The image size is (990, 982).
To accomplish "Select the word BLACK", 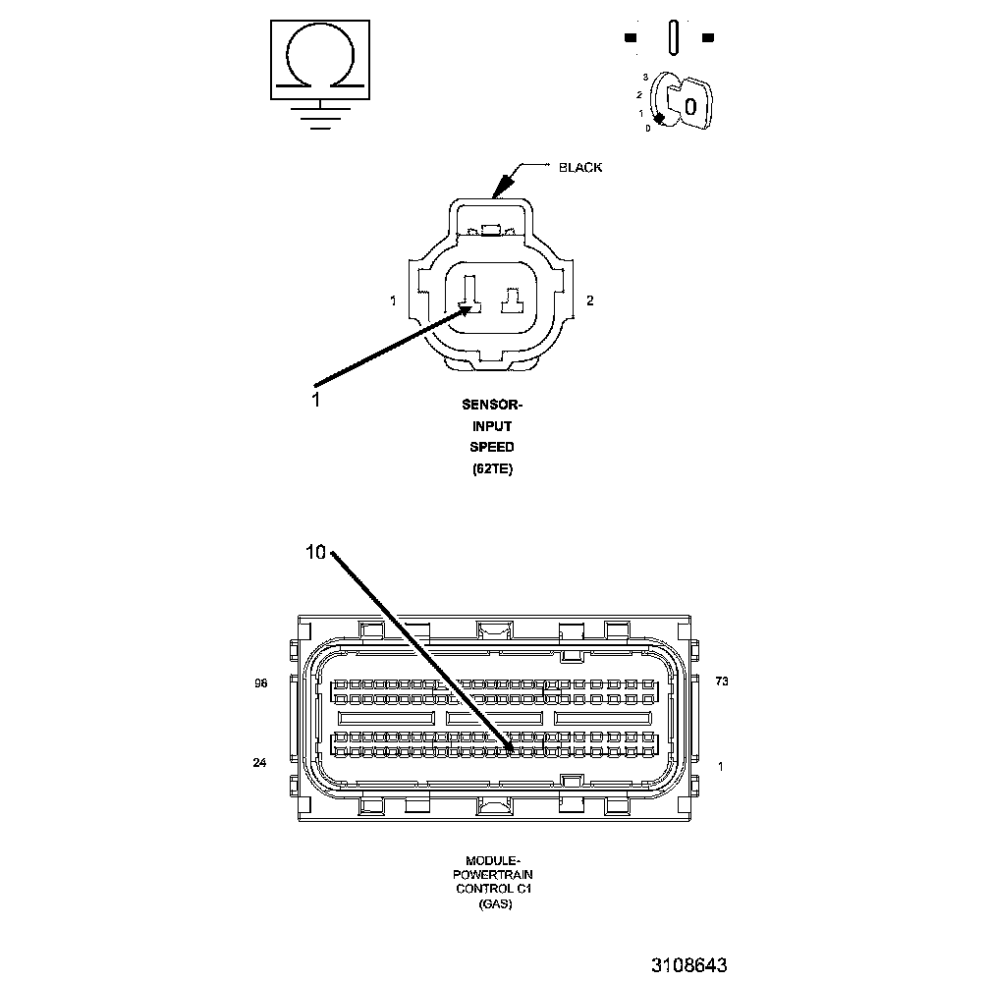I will [x=580, y=167].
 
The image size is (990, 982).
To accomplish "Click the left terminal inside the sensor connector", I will [x=468, y=295].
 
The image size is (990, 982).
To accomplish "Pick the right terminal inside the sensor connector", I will [x=513, y=300].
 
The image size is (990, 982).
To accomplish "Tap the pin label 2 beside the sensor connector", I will [x=589, y=300].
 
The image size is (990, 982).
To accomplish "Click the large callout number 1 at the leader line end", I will [x=315, y=399].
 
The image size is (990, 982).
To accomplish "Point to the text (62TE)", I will [x=491, y=469].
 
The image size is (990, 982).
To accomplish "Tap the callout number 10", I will [x=315, y=553].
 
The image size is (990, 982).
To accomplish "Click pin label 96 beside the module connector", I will [x=260, y=682].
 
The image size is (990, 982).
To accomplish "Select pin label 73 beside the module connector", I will [x=723, y=682].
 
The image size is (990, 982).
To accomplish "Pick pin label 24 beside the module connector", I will [x=259, y=762].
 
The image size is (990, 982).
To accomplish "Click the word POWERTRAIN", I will [x=491, y=873].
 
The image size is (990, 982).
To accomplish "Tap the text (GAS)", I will [x=491, y=903].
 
